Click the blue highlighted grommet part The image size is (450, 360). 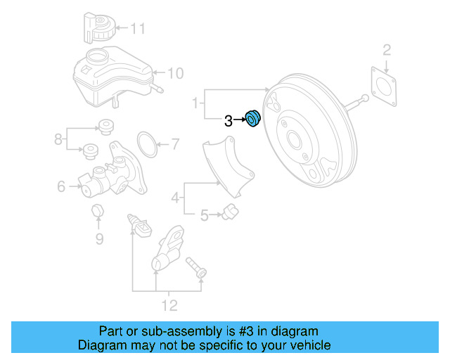click(x=252, y=121)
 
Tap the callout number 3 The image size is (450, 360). click(x=228, y=121)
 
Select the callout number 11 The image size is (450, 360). click(x=138, y=29)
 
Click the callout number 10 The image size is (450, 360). click(x=175, y=72)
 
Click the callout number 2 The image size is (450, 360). click(x=386, y=49)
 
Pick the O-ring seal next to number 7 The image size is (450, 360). click(x=146, y=143)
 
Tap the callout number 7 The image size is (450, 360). click(x=175, y=146)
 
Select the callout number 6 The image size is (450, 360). click(x=61, y=186)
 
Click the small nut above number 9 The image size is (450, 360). click(x=98, y=211)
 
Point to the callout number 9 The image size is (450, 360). click(x=99, y=239)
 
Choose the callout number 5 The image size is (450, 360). click(x=204, y=216)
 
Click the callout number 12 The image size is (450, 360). click(x=169, y=305)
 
